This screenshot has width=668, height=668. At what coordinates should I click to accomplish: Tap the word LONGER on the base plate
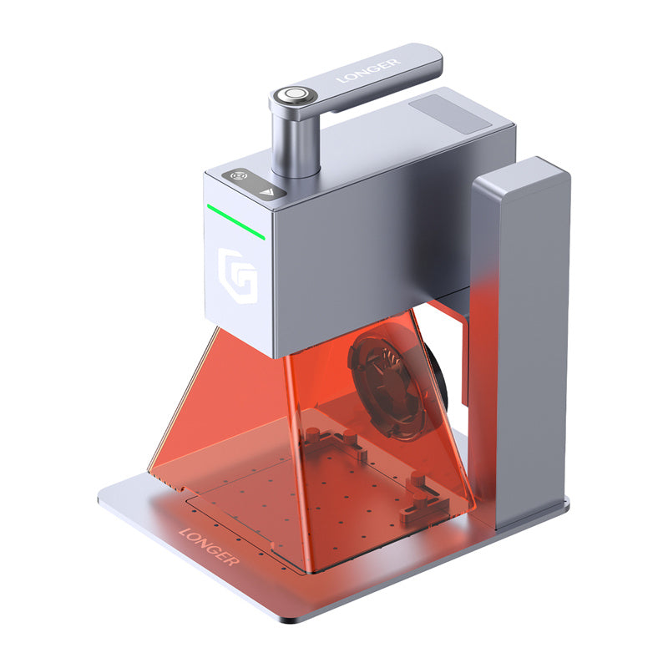(x=209, y=546)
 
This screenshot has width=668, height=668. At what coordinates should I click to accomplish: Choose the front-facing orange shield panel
(x=376, y=468)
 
